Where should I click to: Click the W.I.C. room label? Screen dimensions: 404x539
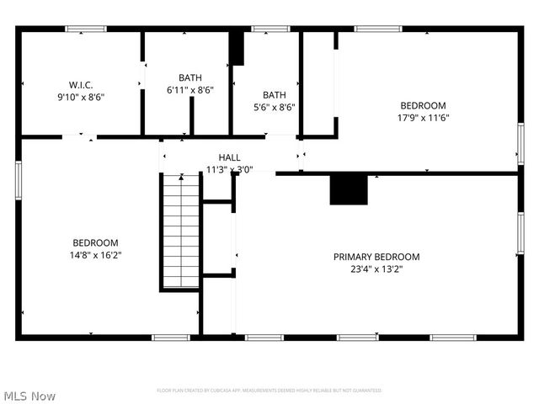[81, 84]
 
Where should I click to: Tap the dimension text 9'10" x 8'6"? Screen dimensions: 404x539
[81, 96]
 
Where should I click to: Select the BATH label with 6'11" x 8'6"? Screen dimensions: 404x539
[190, 77]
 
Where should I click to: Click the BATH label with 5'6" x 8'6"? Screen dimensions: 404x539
[275, 95]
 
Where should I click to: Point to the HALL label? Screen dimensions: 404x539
[229, 157]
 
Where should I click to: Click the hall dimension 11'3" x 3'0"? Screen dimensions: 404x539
[229, 169]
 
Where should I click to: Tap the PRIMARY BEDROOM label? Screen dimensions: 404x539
[376, 257]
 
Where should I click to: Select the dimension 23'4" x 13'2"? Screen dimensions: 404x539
[376, 269]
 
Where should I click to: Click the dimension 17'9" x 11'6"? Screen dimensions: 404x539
[423, 118]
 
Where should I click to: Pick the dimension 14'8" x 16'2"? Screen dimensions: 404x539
[95, 254]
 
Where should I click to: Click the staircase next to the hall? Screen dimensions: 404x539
[179, 231]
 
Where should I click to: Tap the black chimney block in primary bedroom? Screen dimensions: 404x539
[349, 189]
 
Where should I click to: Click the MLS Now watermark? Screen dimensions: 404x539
[29, 396]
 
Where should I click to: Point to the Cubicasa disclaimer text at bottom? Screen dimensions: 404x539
[269, 391]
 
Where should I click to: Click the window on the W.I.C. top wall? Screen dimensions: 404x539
[86, 29]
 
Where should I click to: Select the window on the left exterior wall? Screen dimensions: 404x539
[19, 180]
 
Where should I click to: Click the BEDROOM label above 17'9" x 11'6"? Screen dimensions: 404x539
[423, 105]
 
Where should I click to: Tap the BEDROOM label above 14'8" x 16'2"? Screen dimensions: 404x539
[95, 242]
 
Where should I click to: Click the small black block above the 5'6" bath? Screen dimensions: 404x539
[237, 48]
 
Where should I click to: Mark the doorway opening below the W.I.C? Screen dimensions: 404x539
[80, 136]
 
